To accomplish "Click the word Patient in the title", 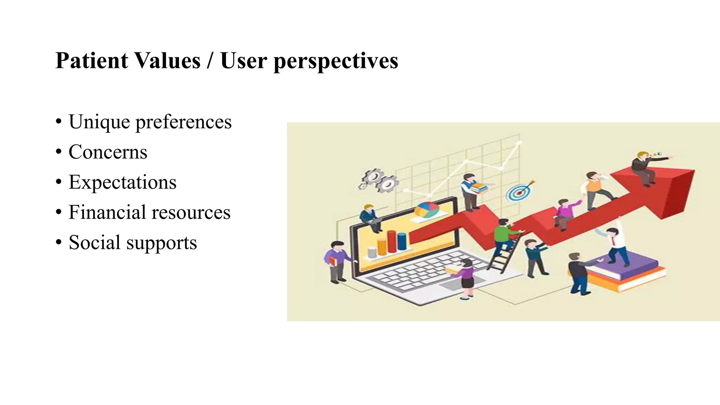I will coord(92,60).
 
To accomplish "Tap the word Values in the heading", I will coord(167,60).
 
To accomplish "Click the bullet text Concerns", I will coord(108,152).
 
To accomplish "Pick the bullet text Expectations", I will coord(122,182).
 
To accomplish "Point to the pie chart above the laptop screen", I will coord(427,210).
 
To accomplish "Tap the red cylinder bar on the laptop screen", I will coord(392,242).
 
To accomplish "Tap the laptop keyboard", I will coord(422,272).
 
